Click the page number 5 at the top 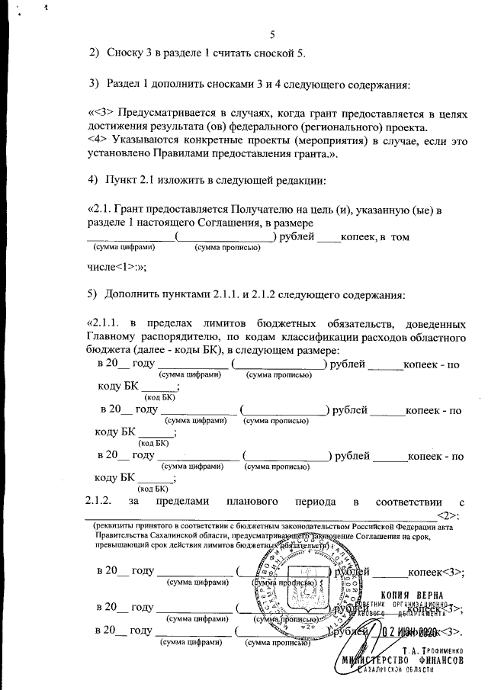271,34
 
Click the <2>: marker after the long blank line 452,514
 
